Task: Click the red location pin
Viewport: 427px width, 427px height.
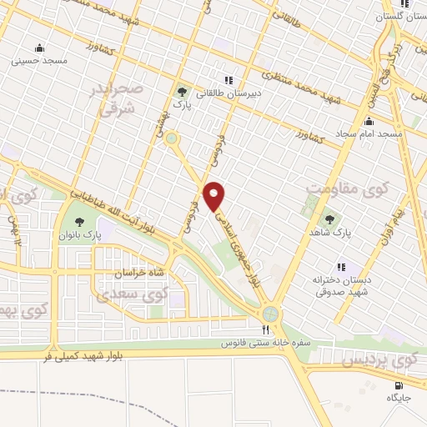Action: click(x=214, y=196)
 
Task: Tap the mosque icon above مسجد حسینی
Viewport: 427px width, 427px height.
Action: click(x=38, y=48)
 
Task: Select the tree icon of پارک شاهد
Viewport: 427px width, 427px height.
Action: click(x=329, y=220)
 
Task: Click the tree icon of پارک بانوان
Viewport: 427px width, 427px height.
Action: click(x=79, y=222)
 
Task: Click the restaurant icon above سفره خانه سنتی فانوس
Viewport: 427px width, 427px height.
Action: click(x=265, y=329)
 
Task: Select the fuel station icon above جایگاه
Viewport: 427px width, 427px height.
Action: click(x=397, y=384)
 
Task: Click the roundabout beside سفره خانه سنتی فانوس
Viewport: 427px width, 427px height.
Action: click(x=269, y=314)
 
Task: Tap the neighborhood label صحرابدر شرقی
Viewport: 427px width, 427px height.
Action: click(x=123, y=98)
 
